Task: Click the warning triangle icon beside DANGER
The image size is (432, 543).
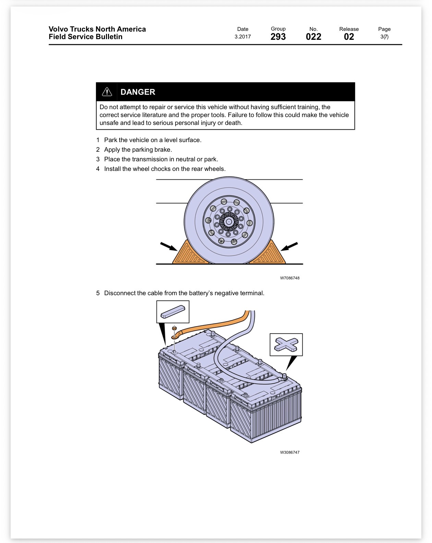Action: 107,92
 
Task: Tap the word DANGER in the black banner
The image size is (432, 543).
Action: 137,92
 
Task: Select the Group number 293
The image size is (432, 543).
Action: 278,37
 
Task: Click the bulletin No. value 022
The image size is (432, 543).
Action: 313,37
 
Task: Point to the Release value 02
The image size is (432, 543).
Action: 349,37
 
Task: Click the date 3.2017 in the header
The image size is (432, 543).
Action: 242,37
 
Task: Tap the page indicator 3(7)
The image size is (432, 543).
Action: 384,37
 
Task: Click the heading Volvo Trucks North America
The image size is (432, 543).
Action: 97,29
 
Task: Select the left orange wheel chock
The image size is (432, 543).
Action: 190,253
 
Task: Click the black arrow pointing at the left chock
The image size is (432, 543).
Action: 169,246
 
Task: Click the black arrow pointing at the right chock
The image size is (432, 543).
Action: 289,246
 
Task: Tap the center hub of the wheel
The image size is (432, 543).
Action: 229,222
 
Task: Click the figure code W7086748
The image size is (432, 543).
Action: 290,278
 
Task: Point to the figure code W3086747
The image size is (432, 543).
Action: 290,452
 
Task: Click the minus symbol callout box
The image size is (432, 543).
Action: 173,312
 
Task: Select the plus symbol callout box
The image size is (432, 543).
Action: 286,345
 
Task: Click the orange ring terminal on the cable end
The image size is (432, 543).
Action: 176,336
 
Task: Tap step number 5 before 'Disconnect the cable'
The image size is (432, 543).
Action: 98,293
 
